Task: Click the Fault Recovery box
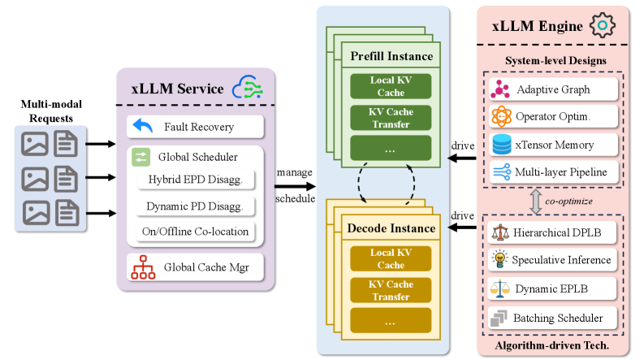tap(196, 127)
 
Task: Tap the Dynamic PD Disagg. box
tap(196, 206)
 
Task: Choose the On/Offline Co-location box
tap(196, 232)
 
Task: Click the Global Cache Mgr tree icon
tap(143, 267)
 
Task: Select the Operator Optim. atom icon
tap(501, 116)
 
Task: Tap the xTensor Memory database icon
tap(501, 144)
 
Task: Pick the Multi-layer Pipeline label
tap(561, 171)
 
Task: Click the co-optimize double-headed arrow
tap(535, 202)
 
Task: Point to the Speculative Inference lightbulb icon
tap(501, 260)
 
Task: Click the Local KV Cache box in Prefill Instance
tap(391, 87)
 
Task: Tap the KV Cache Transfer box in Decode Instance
tap(391, 291)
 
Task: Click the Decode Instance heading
tap(391, 228)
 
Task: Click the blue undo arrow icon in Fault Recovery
tap(143, 127)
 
